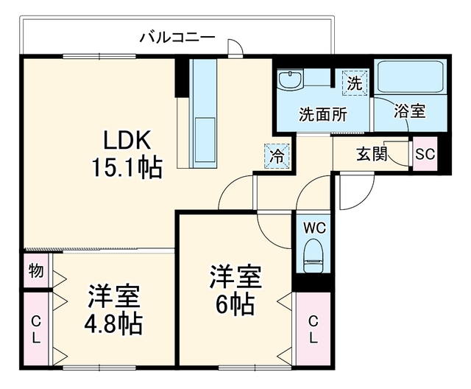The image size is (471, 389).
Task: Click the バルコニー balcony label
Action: click(x=178, y=38)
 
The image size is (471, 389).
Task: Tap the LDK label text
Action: click(x=127, y=140)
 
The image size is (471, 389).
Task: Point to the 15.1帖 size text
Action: click(x=127, y=167)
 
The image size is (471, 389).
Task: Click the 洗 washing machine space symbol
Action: click(x=355, y=83)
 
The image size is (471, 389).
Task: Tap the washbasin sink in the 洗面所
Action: click(x=291, y=80)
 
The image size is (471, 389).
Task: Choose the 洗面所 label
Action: click(x=323, y=114)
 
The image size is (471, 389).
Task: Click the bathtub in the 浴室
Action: click(x=410, y=77)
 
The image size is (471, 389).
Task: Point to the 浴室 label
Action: click(x=410, y=111)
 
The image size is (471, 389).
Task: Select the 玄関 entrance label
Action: click(x=372, y=154)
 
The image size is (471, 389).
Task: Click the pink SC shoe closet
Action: click(x=425, y=154)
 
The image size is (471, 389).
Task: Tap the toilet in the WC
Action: click(x=314, y=256)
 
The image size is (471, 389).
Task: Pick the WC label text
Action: click(x=314, y=228)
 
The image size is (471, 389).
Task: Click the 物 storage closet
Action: click(x=36, y=270)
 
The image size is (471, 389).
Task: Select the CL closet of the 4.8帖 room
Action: click(x=36, y=329)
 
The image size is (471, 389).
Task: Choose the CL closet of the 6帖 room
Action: click(x=314, y=329)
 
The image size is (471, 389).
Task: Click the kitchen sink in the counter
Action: click(x=205, y=139)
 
